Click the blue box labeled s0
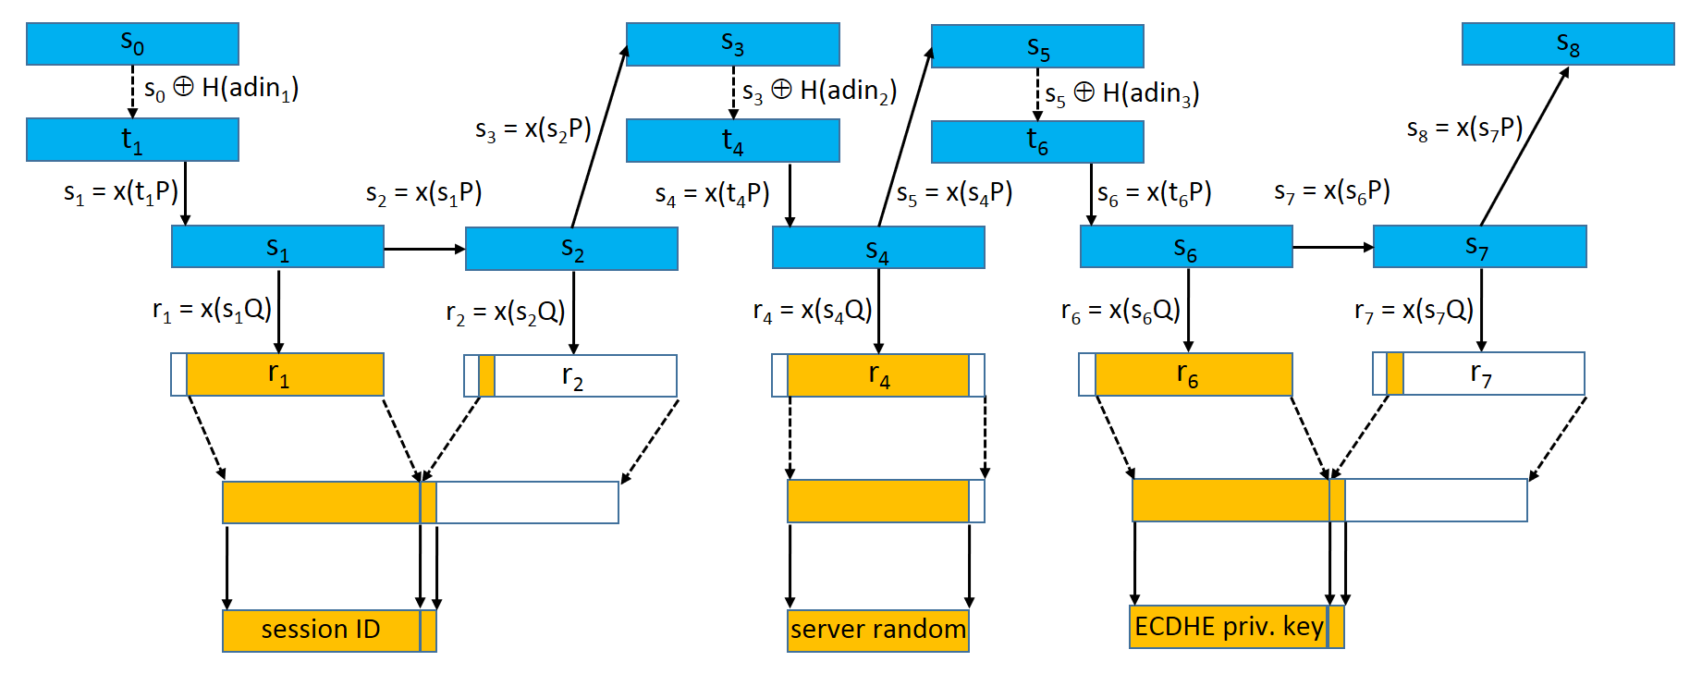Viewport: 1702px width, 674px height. [x=132, y=43]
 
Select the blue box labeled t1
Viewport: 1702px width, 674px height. [x=132, y=140]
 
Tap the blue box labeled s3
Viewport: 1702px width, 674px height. [x=732, y=43]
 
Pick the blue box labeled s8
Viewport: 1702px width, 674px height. [x=1567, y=43]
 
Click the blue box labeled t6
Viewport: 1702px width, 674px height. [x=1036, y=141]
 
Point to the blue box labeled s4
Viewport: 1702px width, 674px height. [x=877, y=248]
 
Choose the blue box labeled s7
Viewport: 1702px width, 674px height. [x=1479, y=247]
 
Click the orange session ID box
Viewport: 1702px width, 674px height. [x=321, y=630]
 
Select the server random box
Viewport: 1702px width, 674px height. [x=877, y=630]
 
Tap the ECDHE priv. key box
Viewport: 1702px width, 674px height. [x=1229, y=627]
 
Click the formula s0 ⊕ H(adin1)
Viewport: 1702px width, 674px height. [x=221, y=89]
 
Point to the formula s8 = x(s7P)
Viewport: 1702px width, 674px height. [x=1464, y=129]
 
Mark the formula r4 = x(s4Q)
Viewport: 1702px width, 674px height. [x=813, y=311]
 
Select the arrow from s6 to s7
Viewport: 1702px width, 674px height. [x=1332, y=247]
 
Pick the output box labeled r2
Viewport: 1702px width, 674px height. [x=571, y=376]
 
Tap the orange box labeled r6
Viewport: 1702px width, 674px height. [x=1193, y=374]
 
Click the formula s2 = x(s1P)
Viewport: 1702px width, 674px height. [x=423, y=193]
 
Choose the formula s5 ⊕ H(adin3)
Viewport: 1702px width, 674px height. [x=1122, y=93]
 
